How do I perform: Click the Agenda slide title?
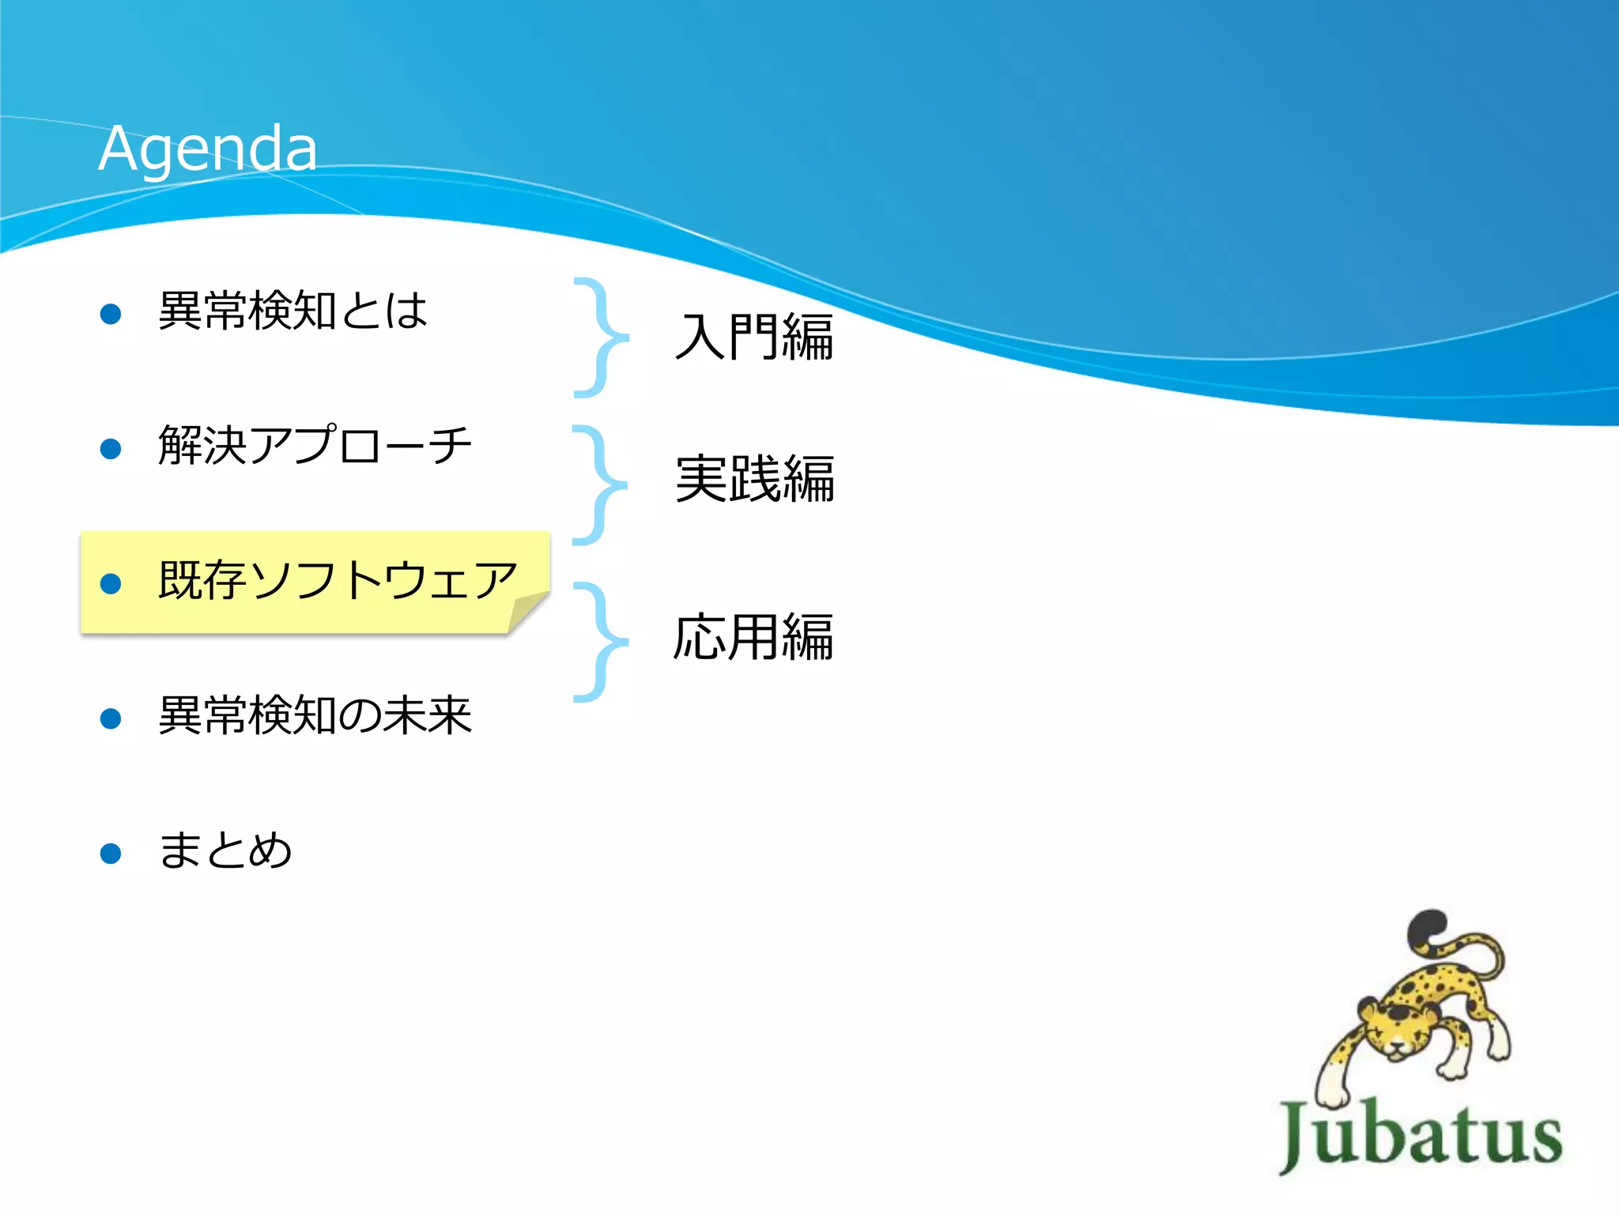[x=207, y=148]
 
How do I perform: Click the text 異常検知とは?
[x=292, y=311]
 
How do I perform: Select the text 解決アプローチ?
[x=315, y=446]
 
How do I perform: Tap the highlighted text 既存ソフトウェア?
[x=338, y=581]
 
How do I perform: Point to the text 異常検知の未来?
[x=315, y=716]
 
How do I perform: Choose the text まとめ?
[x=225, y=851]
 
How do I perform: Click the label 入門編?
[x=755, y=337]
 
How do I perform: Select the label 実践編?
[x=755, y=479]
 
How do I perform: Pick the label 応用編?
[x=753, y=637]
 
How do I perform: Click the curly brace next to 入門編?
[x=602, y=337]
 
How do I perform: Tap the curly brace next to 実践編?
[x=601, y=484]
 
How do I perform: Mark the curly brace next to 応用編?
[x=602, y=642]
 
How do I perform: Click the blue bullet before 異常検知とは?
[x=111, y=314]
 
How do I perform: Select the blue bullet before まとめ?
[x=111, y=854]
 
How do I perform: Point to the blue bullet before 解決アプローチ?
[x=111, y=449]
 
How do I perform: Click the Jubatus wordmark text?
[x=1421, y=1135]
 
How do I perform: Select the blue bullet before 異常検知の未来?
[x=111, y=718]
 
